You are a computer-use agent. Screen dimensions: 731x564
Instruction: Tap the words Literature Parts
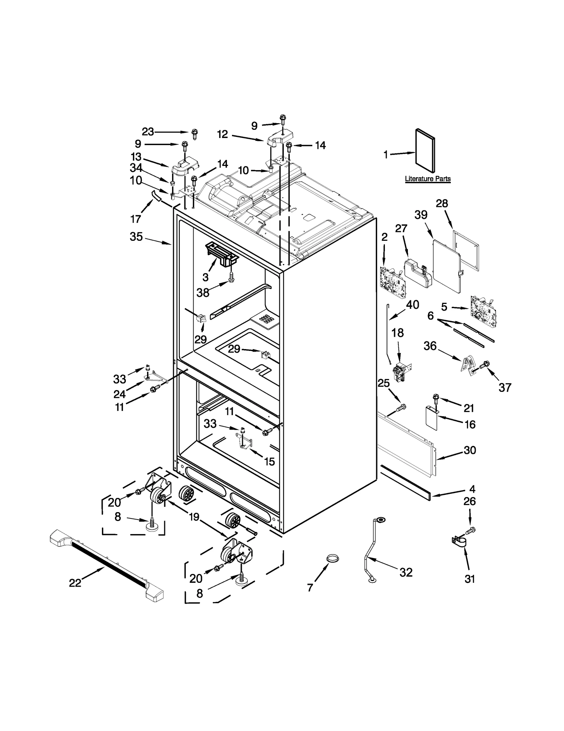click(427, 179)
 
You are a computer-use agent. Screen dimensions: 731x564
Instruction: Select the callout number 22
click(75, 583)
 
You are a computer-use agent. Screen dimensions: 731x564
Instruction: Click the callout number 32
click(406, 572)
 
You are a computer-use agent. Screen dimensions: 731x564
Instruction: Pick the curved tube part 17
click(155, 195)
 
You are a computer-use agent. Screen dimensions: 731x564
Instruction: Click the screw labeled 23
click(194, 133)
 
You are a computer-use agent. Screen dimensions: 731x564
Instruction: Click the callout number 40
click(412, 305)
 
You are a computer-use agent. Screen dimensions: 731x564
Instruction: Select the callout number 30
click(470, 450)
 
